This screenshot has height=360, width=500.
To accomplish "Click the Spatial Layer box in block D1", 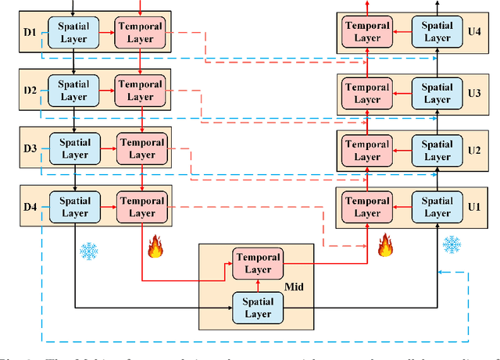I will (74, 32).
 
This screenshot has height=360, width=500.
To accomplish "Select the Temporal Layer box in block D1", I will (140, 32).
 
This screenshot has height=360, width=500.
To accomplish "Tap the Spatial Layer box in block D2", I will (73, 91).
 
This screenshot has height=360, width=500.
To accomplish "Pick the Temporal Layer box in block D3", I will (141, 148).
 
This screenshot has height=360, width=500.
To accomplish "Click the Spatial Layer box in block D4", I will (75, 207).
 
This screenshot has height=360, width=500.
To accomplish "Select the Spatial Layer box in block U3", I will (437, 94).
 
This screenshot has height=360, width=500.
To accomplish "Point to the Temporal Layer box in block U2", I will (367, 151).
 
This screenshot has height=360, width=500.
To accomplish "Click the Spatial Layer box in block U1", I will (437, 207).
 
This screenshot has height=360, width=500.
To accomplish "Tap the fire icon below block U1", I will (384, 246).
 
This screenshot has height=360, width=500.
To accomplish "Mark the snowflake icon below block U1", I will (452, 245).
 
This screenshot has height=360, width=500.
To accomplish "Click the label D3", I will (30, 148).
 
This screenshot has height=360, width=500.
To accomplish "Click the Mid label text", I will (298, 287).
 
